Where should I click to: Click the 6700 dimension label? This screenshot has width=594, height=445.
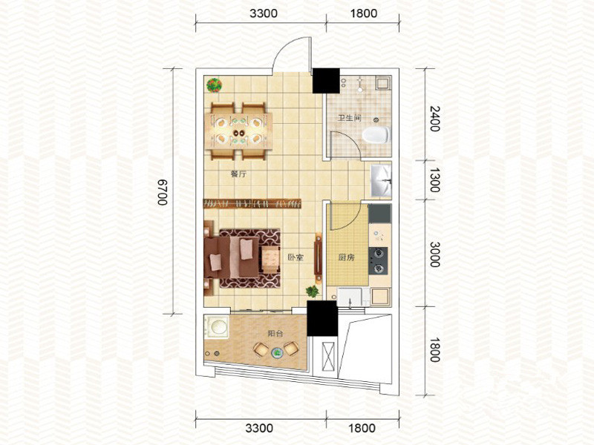163,192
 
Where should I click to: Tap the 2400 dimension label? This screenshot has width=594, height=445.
434,119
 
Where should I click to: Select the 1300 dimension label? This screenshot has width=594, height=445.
434,180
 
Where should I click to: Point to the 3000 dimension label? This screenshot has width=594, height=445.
434,254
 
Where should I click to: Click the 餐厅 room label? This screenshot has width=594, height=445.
238,174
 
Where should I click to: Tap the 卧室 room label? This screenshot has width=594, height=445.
296,257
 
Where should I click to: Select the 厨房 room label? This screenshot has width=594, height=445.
346,257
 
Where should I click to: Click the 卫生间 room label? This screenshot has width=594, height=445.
350,118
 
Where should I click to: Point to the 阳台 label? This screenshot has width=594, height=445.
275,333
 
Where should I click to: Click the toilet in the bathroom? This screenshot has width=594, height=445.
376,135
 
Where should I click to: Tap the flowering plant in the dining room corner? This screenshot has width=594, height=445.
214,85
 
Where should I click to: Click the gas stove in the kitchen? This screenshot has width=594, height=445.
379,261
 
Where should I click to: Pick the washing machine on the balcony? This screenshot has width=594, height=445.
217,326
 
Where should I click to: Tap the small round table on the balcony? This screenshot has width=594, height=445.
277,353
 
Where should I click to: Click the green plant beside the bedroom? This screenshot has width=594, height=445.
312,291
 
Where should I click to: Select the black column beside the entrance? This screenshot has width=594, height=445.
326,81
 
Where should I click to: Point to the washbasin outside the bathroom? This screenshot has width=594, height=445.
381,180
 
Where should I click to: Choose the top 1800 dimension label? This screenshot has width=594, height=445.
364,13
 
